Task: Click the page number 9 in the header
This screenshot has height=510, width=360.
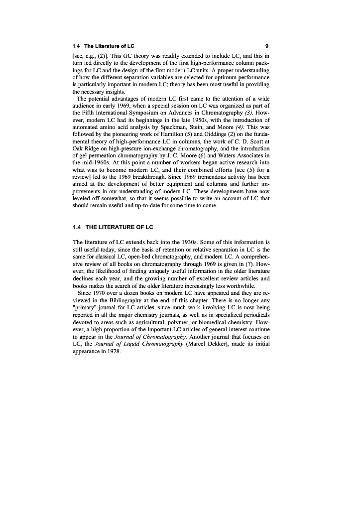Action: tap(267, 46)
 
